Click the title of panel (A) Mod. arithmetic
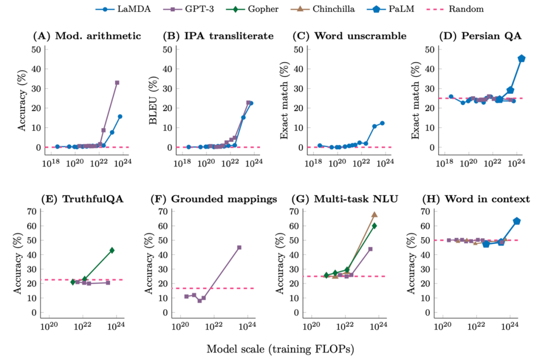coord(87,36)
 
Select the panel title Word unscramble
coord(354,36)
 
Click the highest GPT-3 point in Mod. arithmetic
coord(117,83)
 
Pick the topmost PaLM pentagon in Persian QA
coord(521,58)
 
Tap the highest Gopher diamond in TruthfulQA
coord(112,250)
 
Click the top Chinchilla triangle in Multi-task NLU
coord(374,215)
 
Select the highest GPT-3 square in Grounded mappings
coord(239,247)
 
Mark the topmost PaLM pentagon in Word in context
coord(517,221)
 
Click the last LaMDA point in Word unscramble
coord(382,123)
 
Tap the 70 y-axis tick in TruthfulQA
coord(33,211)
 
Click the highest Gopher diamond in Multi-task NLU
coord(374,225)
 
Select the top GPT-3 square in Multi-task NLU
coord(370,249)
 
